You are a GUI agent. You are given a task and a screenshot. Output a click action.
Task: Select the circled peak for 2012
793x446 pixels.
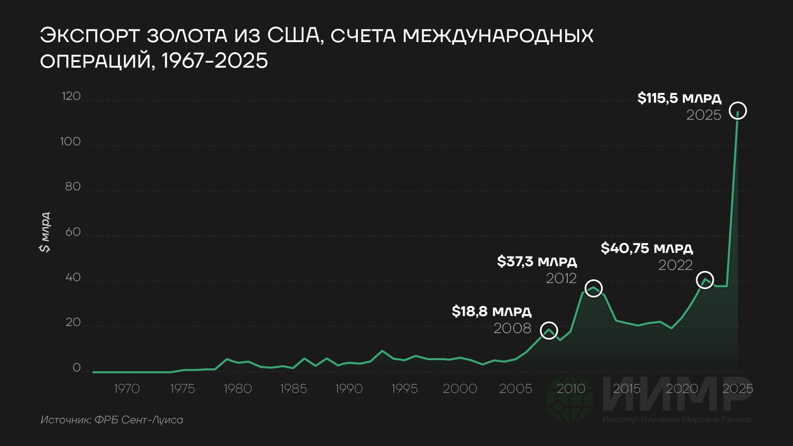pyautogui.click(x=594, y=280)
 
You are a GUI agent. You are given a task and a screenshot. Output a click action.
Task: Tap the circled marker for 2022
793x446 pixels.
pyautogui.click(x=705, y=272)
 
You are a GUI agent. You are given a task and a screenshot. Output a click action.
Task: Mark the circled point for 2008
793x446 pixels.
pyautogui.click(x=549, y=322)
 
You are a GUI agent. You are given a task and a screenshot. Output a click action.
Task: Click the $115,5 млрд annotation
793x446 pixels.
pyautogui.click(x=679, y=98)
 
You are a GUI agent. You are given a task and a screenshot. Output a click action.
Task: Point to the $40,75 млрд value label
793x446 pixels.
pyautogui.click(x=646, y=248)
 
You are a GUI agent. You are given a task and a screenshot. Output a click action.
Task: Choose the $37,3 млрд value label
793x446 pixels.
pyautogui.click(x=537, y=262)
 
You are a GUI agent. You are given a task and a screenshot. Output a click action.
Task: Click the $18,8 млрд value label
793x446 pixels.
pyautogui.click(x=492, y=311)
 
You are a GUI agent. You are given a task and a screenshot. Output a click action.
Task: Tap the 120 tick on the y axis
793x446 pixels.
pyautogui.click(x=71, y=96)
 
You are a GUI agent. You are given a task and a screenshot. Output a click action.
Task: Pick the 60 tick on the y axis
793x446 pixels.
pyautogui.click(x=73, y=232)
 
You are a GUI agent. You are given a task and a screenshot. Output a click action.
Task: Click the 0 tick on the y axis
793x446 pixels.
pyautogui.click(x=77, y=368)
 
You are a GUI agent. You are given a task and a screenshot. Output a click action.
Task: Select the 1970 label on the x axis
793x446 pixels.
pyautogui.click(x=127, y=389)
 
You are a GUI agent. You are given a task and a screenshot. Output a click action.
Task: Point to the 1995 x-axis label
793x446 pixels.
pyautogui.click(x=405, y=389)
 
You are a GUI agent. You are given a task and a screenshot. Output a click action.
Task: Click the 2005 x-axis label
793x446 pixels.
pyautogui.click(x=516, y=389)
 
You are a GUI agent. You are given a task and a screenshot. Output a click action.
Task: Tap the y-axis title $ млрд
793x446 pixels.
pyautogui.click(x=45, y=232)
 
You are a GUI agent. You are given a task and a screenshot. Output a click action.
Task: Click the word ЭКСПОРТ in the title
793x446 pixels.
pyautogui.click(x=90, y=35)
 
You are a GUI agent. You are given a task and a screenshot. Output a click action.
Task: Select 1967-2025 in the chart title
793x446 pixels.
pyautogui.click(x=214, y=61)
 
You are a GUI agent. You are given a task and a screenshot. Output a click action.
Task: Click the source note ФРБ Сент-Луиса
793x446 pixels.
pyautogui.click(x=139, y=420)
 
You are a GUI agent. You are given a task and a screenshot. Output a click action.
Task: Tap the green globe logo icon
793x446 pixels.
pyautogui.click(x=570, y=398)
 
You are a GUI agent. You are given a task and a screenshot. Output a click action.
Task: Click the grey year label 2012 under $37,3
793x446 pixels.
pyautogui.click(x=561, y=278)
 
